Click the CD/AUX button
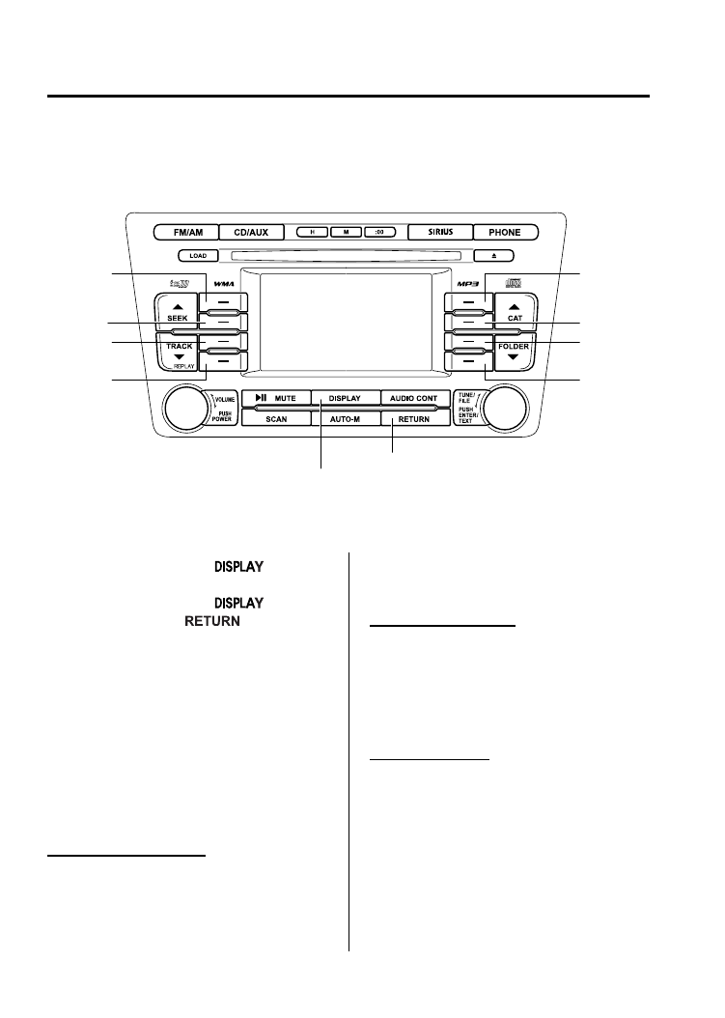coord(251,232)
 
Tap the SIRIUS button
coord(439,232)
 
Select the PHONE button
coord(504,232)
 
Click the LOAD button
coord(197,256)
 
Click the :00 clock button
coord(379,232)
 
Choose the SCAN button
coord(276,420)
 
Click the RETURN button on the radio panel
coord(414,420)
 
